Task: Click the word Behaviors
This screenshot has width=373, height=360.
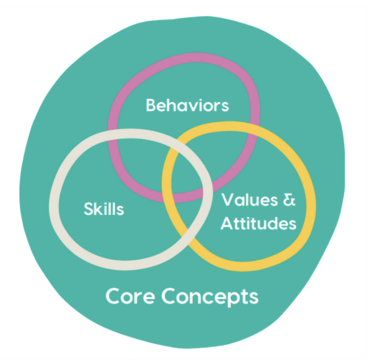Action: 187,105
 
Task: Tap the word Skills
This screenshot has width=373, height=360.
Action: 104,209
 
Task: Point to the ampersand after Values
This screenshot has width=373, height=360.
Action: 289,200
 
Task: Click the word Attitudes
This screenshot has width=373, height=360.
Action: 258,223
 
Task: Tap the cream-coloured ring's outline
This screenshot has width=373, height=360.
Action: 56,202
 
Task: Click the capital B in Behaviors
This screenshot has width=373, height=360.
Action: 151,105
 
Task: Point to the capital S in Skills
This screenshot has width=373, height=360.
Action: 89,209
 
